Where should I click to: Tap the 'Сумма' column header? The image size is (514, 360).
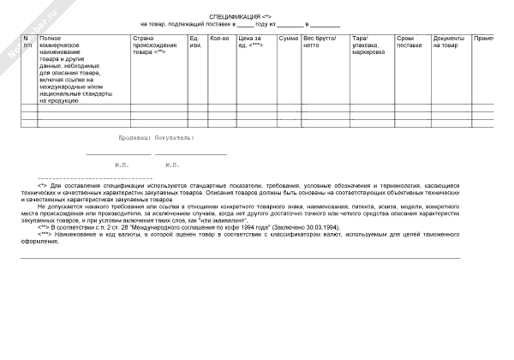tap(288, 39)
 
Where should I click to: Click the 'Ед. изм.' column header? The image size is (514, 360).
tap(195, 42)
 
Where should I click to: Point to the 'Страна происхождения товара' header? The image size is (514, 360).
tap(155, 45)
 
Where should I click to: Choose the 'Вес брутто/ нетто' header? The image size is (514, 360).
tap(320, 42)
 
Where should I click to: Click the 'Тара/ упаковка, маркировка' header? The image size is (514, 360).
tap(368, 45)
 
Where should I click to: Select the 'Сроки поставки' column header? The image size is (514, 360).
tap(409, 42)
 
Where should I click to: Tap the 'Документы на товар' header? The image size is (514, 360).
tap(449, 42)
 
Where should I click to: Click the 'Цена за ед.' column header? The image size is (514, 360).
tap(250, 42)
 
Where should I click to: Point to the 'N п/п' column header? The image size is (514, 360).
tap(27, 42)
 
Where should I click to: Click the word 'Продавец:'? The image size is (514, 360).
tap(135, 137)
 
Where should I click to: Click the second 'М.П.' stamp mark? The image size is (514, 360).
tap(172, 164)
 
